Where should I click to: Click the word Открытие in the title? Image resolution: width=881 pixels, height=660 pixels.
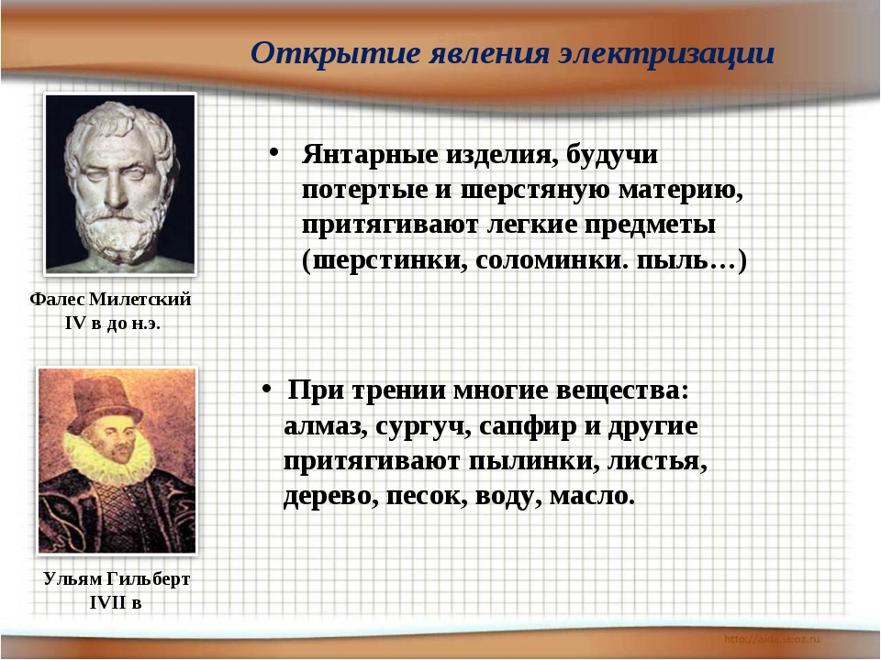(307, 52)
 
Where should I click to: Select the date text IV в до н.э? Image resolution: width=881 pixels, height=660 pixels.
(112, 324)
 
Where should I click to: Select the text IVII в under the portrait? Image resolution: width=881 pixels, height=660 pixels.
(115, 603)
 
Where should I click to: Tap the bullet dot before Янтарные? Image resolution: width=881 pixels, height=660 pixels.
(274, 150)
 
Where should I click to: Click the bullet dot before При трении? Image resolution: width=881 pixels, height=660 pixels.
(264, 389)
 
